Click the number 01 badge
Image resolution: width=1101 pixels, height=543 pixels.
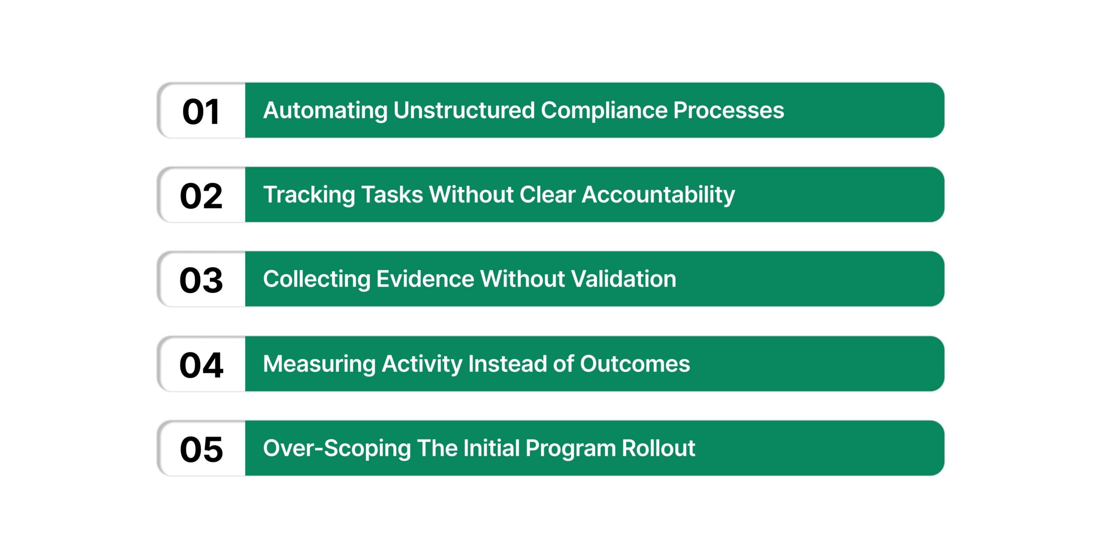pyautogui.click(x=201, y=111)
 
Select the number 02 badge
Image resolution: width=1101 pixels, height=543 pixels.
pyautogui.click(x=201, y=196)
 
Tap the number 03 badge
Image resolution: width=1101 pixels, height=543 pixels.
pyautogui.click(x=201, y=280)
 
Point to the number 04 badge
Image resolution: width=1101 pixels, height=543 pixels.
pyautogui.click(x=201, y=365)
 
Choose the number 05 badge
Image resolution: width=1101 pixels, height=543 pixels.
pyautogui.click(x=201, y=449)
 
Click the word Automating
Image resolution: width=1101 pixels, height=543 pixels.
pyautogui.click(x=325, y=111)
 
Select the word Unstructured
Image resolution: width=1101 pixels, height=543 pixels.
pyautogui.click(x=464, y=110)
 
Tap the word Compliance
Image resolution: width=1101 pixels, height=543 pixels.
pyautogui.click(x=604, y=110)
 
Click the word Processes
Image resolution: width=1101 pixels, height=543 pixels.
pyautogui.click(x=729, y=110)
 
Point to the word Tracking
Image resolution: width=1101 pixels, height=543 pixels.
pyautogui.click(x=309, y=195)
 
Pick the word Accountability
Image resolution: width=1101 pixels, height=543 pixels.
pyautogui.click(x=658, y=195)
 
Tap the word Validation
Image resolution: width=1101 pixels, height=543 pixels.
pyautogui.click(x=624, y=279)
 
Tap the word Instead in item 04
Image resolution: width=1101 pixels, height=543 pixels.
pyautogui.click(x=507, y=364)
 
